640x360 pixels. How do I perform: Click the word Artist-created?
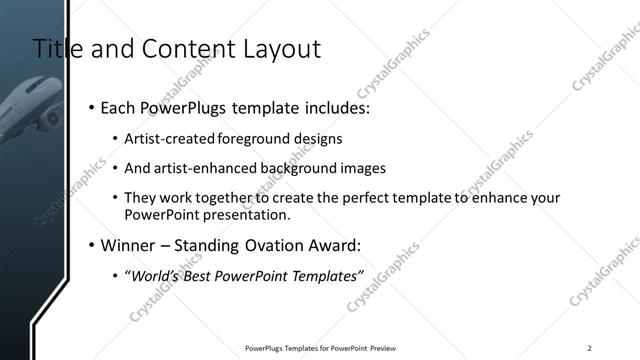[166, 139]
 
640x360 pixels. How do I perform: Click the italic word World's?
[156, 276]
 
